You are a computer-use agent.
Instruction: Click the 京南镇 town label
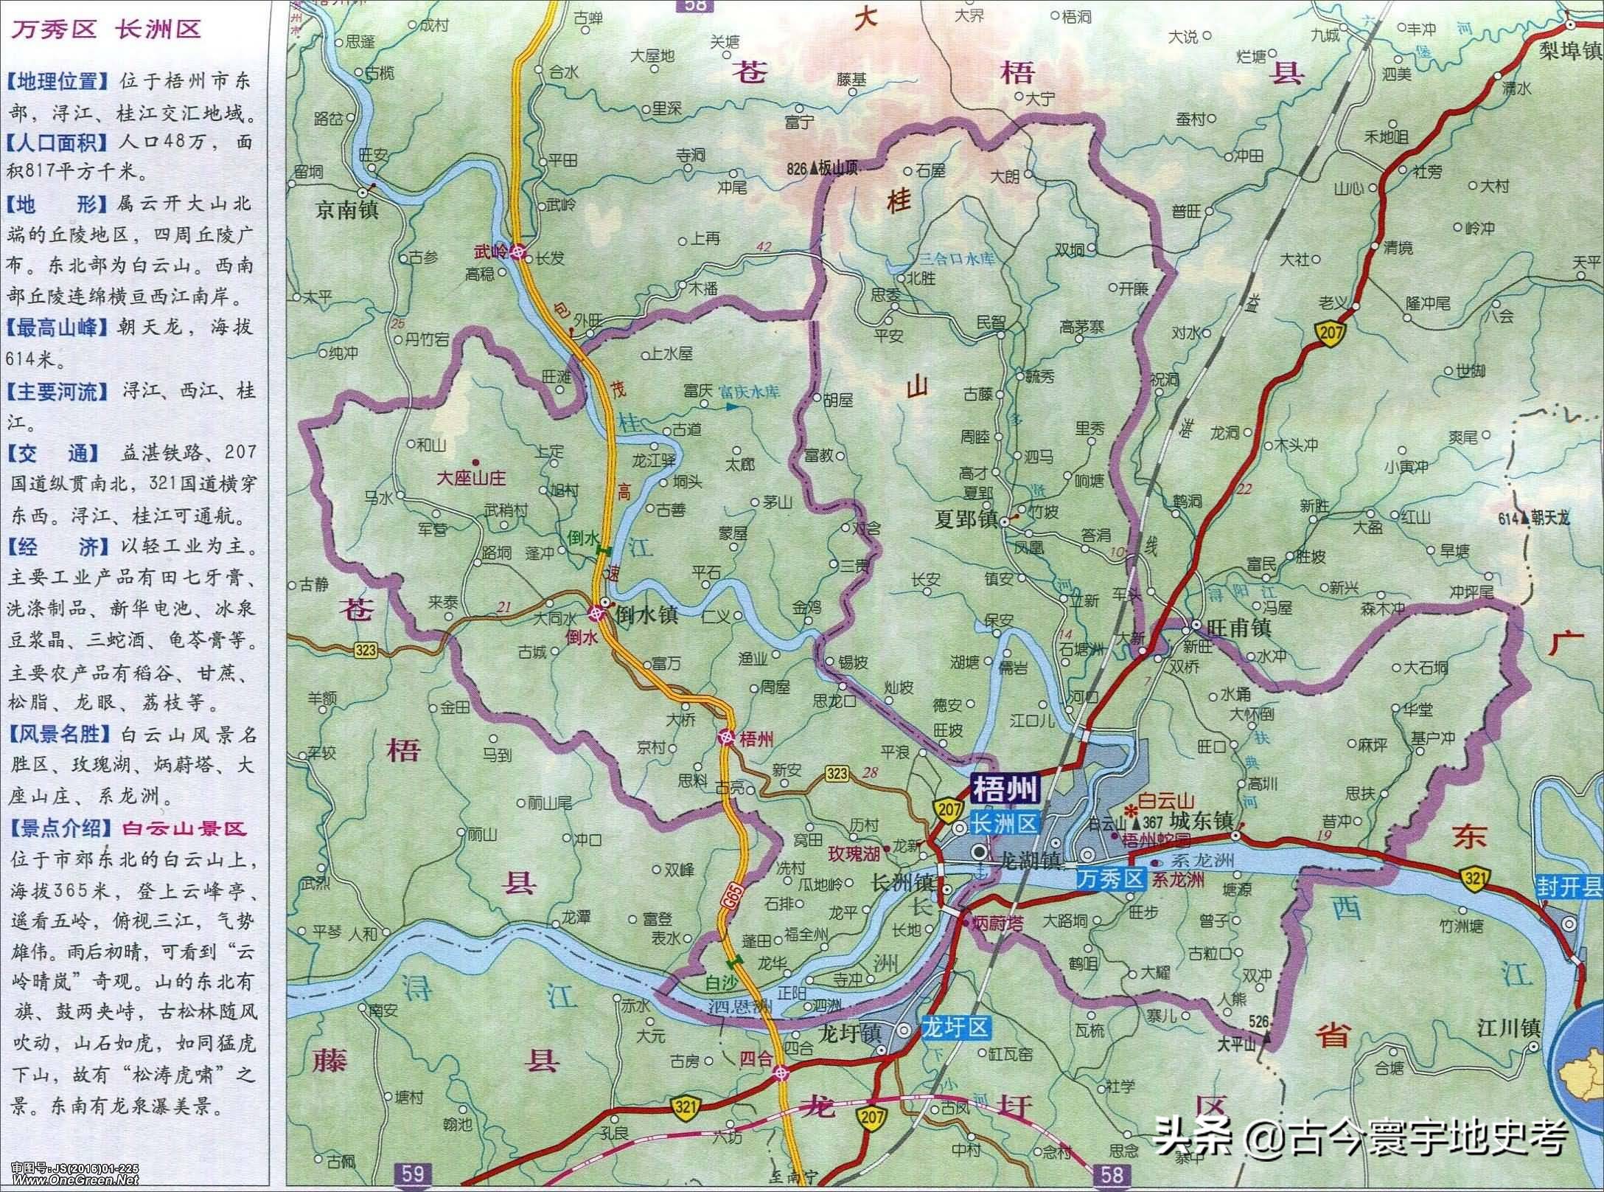point(346,210)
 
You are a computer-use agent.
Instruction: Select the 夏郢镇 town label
point(966,521)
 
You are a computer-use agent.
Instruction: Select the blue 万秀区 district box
point(1109,878)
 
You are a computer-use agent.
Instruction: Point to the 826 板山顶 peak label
point(823,169)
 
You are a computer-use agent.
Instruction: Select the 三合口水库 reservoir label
point(957,260)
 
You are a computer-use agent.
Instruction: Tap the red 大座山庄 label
point(471,478)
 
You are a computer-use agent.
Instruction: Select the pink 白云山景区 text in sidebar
point(184,828)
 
